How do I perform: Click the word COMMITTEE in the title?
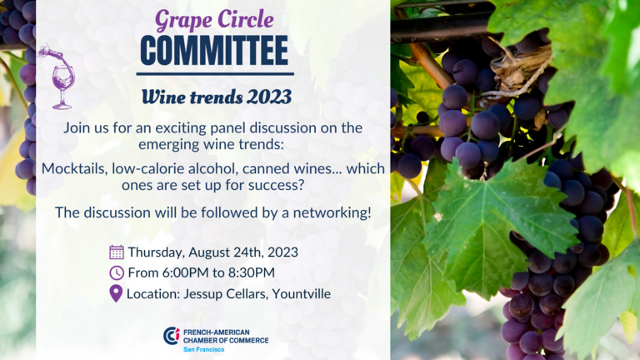point(214,51)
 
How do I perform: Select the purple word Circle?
point(245,19)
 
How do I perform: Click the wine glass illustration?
point(58,77)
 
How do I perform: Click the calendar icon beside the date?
point(117,252)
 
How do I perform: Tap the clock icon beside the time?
point(117,272)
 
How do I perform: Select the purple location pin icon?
point(116,293)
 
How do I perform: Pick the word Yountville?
point(301,294)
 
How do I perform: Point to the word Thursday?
point(156,252)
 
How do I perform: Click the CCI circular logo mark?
point(172,336)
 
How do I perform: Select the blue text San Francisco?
point(203,349)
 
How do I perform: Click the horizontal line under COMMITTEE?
point(215,74)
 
